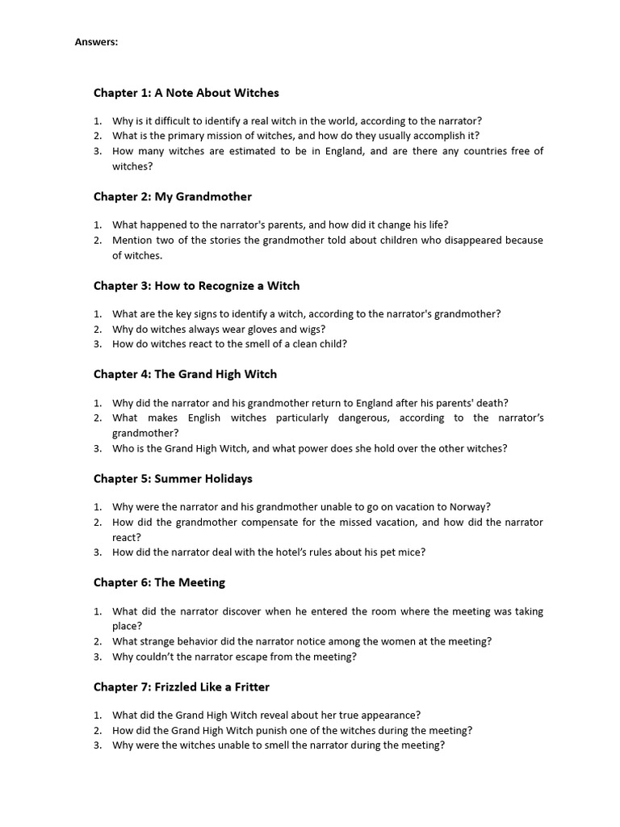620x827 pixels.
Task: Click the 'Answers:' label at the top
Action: point(96,43)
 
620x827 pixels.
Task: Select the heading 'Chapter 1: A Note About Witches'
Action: point(186,93)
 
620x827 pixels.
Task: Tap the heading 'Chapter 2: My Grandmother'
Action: point(172,196)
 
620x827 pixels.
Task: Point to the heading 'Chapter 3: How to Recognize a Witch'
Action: point(196,285)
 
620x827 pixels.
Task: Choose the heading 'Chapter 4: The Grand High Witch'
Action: point(185,374)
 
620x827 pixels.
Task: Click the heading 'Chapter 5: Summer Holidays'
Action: point(173,478)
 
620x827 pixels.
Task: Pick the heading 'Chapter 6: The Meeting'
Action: point(159,582)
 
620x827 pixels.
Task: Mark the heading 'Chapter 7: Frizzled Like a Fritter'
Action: point(181,686)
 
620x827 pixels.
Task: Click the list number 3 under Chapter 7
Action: point(97,745)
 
